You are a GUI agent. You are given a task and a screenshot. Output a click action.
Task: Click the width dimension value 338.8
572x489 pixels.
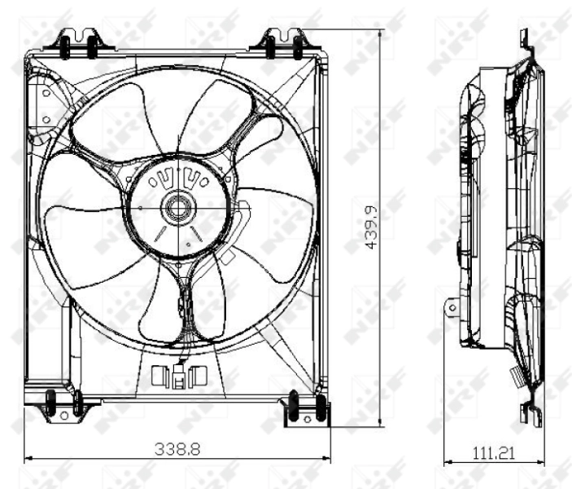177,447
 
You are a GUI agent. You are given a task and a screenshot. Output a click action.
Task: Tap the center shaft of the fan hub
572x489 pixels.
176,208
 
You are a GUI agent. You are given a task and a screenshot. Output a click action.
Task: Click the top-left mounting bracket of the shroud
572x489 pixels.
80,44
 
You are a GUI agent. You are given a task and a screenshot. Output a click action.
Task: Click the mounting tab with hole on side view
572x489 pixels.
451,308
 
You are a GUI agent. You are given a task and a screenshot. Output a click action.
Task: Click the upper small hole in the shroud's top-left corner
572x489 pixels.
46,93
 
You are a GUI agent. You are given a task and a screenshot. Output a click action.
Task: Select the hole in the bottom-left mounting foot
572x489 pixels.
63,415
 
